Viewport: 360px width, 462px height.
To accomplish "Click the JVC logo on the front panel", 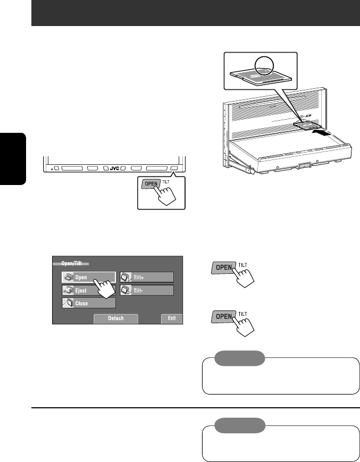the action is click(x=114, y=167).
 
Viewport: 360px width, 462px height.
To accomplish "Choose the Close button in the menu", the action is click(x=88, y=303).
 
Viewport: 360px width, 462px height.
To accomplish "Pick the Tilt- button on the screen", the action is click(x=147, y=290).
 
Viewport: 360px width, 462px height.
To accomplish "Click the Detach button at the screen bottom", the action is click(x=116, y=319).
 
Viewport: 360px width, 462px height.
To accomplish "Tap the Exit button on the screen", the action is click(x=172, y=319).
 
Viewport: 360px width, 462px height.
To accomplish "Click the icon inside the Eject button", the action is click(x=68, y=290).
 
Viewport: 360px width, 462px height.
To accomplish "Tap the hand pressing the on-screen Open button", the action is click(x=107, y=288).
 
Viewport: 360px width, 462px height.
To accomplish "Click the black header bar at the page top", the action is click(x=196, y=13).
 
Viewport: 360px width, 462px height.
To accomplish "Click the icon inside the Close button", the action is click(x=68, y=303).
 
